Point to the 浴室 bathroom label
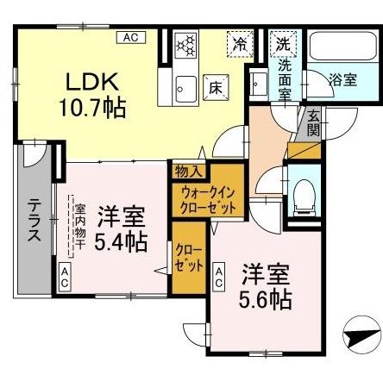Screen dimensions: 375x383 [342, 80]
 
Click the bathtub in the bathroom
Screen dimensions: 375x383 [342, 50]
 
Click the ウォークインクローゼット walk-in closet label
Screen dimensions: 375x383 [204, 200]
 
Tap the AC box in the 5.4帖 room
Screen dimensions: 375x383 [65, 278]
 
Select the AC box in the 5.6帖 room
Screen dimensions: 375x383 [220, 278]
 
